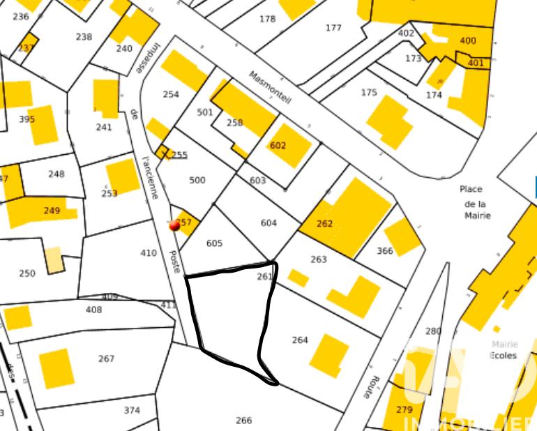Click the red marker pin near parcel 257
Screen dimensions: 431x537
click(x=174, y=225)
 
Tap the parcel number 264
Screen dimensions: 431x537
click(x=300, y=340)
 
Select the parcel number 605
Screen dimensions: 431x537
click(x=214, y=243)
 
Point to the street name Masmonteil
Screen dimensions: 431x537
click(x=270, y=88)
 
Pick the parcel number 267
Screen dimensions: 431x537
click(x=106, y=358)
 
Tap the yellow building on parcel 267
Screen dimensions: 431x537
click(x=56, y=368)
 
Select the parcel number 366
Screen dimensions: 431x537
click(x=384, y=251)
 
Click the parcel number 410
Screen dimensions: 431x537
click(x=149, y=253)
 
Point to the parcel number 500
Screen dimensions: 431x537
click(x=197, y=180)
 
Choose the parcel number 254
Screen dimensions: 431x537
click(x=171, y=94)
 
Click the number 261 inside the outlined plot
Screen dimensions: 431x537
click(x=264, y=277)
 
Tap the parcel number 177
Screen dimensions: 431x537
click(x=333, y=28)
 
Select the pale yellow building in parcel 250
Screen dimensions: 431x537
click(x=54, y=259)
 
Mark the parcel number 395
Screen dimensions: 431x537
click(x=27, y=119)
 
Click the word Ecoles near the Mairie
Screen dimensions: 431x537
click(x=504, y=355)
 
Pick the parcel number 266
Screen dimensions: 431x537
click(x=243, y=421)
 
